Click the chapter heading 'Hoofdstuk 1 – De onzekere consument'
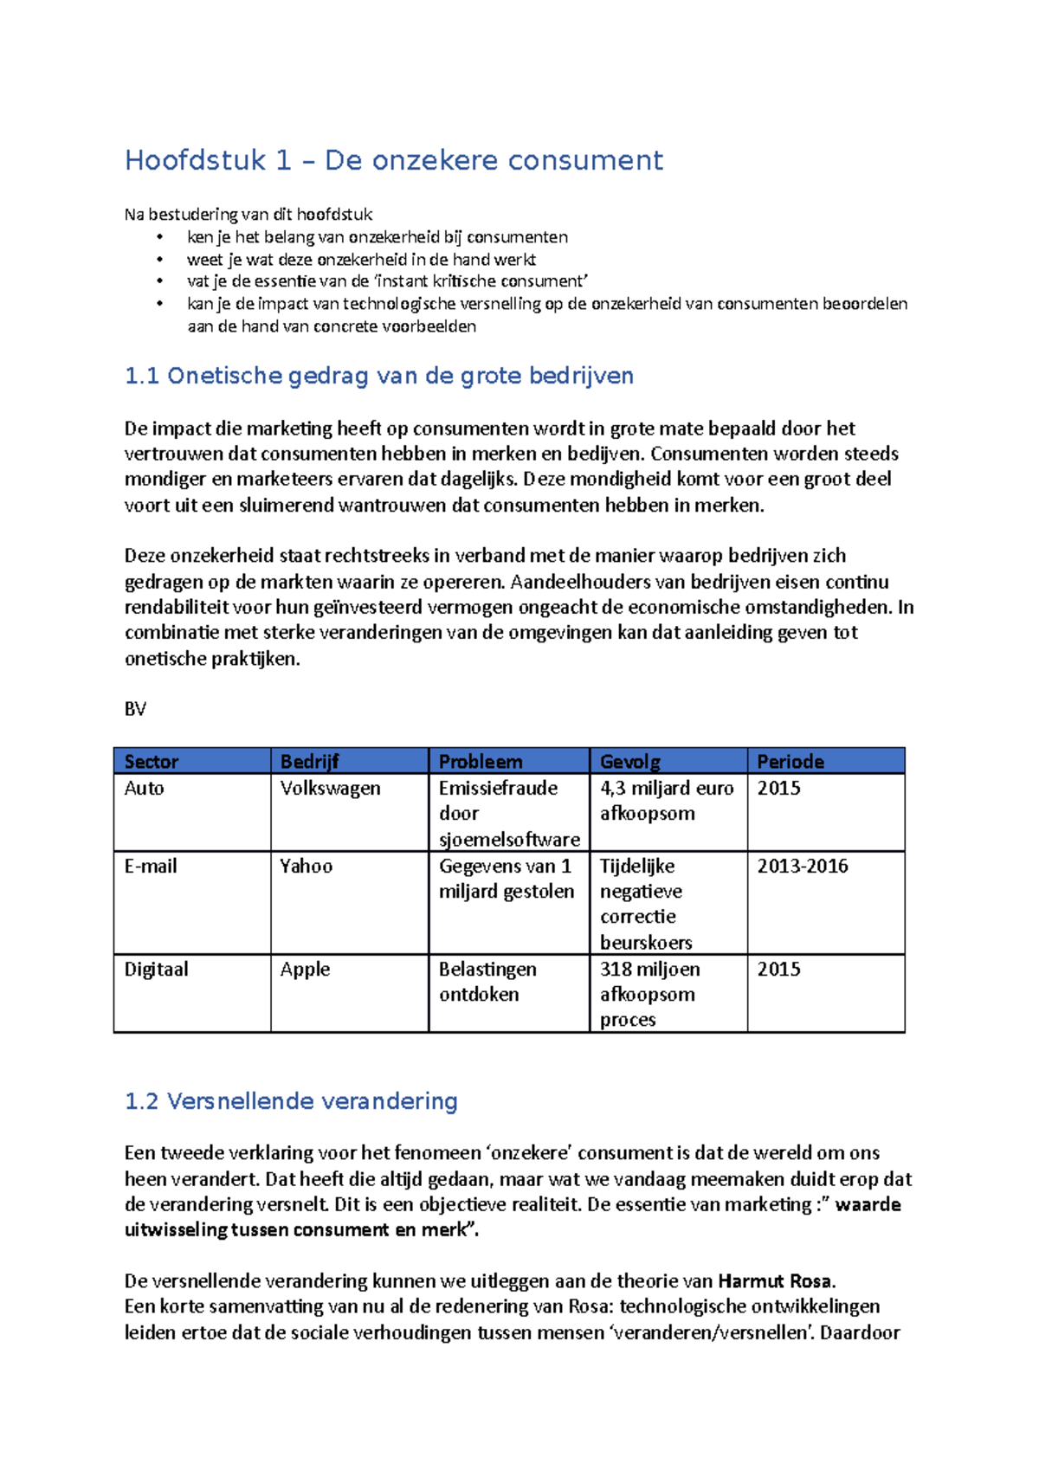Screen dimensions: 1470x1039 pos(394,160)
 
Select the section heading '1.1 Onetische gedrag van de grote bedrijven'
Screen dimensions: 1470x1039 pos(379,376)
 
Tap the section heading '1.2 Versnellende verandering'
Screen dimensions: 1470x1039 pos(291,1101)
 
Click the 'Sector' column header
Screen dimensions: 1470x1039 pos(152,762)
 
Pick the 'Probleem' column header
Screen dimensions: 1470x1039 pos(481,762)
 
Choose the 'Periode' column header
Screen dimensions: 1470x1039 pos(791,762)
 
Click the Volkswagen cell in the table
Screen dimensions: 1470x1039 pos(330,789)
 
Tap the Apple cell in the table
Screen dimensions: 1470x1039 pos(305,970)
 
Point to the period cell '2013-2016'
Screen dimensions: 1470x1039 pos(803,867)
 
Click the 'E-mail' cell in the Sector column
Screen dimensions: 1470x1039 pos(151,867)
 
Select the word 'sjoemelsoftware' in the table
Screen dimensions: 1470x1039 pos(509,840)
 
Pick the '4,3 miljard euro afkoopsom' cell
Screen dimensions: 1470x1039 pos(667,801)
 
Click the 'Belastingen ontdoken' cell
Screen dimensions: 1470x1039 pos(487,982)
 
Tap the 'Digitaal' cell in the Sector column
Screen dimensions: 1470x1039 pos(156,970)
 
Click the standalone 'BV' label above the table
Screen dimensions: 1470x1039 pos(135,710)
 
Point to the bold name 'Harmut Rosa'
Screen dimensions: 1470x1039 pos(775,1281)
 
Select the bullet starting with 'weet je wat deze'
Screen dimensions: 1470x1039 pos(361,260)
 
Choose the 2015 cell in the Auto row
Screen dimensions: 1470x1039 pos(779,789)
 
